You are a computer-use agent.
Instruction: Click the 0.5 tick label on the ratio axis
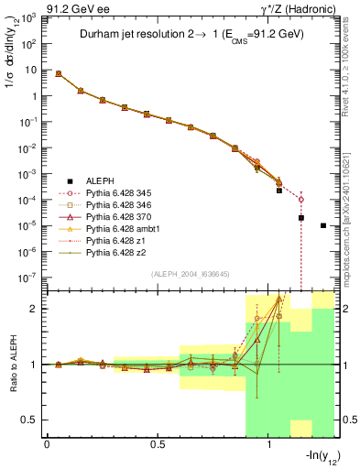(29, 420)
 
